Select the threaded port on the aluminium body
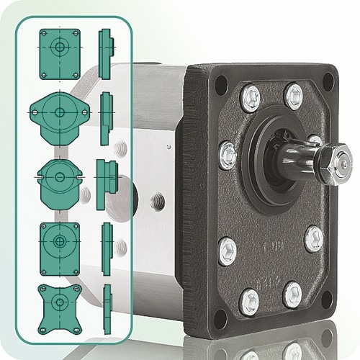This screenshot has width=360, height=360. coord(158,200)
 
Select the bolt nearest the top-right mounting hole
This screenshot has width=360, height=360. coord(293,95)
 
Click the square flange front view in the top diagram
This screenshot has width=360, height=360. coord(59,54)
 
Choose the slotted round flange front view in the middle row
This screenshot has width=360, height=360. coord(59,176)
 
